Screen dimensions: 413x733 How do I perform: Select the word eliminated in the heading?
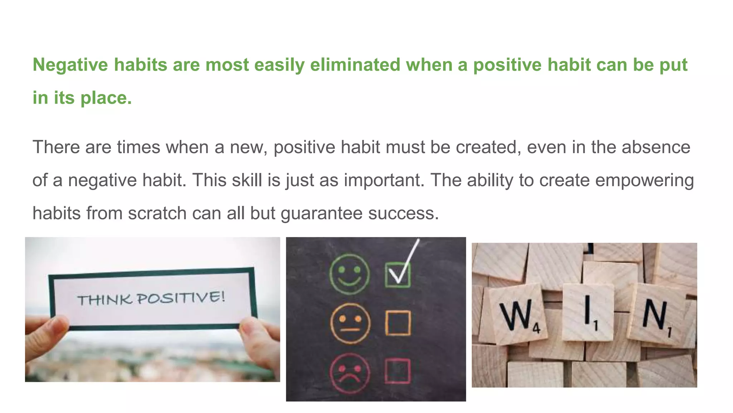pyautogui.click(x=355, y=65)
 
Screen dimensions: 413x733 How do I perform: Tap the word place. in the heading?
pyautogui.click(x=106, y=98)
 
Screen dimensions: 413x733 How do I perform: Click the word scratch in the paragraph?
pyautogui.click(x=157, y=213)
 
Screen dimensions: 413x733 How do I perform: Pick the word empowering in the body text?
pyautogui.click(x=644, y=180)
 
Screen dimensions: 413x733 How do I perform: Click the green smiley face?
pyautogui.click(x=349, y=274)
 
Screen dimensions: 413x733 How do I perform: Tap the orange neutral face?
pyautogui.click(x=350, y=323)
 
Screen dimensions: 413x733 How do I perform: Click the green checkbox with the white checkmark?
pyautogui.click(x=398, y=275)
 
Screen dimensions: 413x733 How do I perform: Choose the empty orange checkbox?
pyautogui.click(x=398, y=323)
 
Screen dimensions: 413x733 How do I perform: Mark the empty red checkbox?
pyautogui.click(x=397, y=371)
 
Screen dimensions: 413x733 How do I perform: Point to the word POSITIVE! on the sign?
pyautogui.click(x=181, y=298)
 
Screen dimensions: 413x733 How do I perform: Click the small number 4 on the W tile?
pyautogui.click(x=536, y=328)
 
